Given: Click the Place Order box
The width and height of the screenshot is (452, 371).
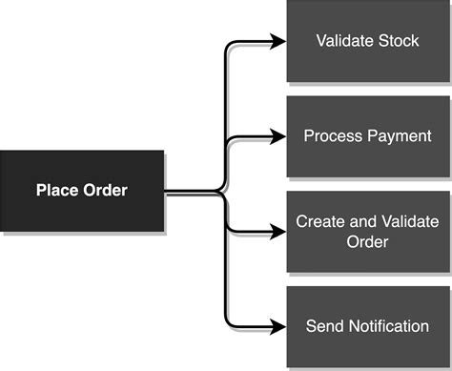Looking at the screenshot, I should point(82,190).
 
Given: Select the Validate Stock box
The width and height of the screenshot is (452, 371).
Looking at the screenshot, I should point(367,42).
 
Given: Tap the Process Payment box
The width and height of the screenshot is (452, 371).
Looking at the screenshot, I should point(367,136).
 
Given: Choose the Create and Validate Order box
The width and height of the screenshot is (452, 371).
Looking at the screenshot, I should point(367,232).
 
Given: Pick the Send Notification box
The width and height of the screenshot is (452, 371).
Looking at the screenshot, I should point(367,326).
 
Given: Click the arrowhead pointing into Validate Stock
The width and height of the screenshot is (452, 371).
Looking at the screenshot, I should point(278,42).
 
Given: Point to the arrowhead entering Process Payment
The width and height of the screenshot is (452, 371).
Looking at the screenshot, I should point(278,136).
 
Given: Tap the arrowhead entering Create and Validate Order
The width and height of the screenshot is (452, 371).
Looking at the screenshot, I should point(278,232).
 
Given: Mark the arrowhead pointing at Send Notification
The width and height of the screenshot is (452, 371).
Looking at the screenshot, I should point(278,326).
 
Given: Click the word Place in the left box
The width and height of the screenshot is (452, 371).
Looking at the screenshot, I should point(56,190).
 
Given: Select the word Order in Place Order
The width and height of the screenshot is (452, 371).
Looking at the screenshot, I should point(103,190).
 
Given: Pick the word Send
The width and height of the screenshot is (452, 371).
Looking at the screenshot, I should point(323,326).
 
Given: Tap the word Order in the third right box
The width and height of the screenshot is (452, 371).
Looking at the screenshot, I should point(367,242).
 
